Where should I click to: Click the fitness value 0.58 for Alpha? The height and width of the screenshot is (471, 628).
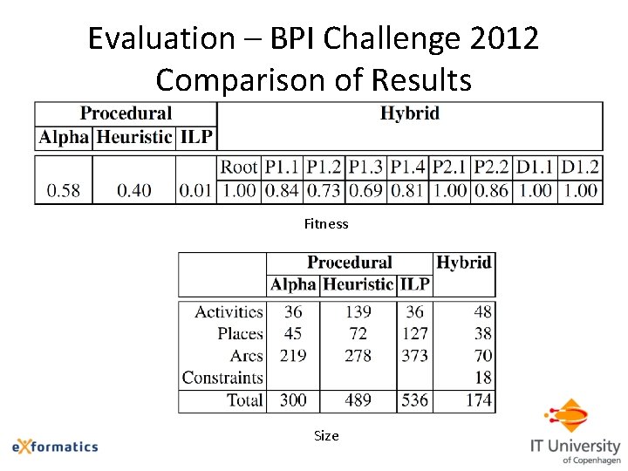pos(64,190)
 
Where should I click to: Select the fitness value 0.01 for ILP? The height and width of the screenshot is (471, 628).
pos(195,190)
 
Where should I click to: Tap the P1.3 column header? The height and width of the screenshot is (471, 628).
pos(365,167)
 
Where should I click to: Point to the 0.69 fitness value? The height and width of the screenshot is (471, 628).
pos(365,190)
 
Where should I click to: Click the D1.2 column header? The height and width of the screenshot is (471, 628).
pos(581,167)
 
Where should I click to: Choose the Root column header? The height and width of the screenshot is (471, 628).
pos(238,167)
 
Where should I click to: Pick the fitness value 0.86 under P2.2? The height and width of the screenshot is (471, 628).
pos(491,190)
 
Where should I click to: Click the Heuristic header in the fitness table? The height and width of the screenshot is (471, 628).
pos(134,137)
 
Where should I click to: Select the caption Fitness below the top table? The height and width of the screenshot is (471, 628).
pos(326,224)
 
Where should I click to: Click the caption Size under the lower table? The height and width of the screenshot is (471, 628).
pos(326,435)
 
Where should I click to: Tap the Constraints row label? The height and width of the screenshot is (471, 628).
pos(222,378)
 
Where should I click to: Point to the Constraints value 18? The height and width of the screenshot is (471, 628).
pos(483,378)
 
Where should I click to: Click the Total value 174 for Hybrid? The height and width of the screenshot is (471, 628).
pos(478,400)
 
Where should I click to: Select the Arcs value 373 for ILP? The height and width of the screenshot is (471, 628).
pos(414,356)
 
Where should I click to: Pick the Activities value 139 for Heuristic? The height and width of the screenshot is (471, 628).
pos(358,311)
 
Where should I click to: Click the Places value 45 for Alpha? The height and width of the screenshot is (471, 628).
pos(293,333)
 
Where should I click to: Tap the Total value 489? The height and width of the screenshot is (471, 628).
pos(358,400)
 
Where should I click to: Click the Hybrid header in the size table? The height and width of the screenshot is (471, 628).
pos(463,263)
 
